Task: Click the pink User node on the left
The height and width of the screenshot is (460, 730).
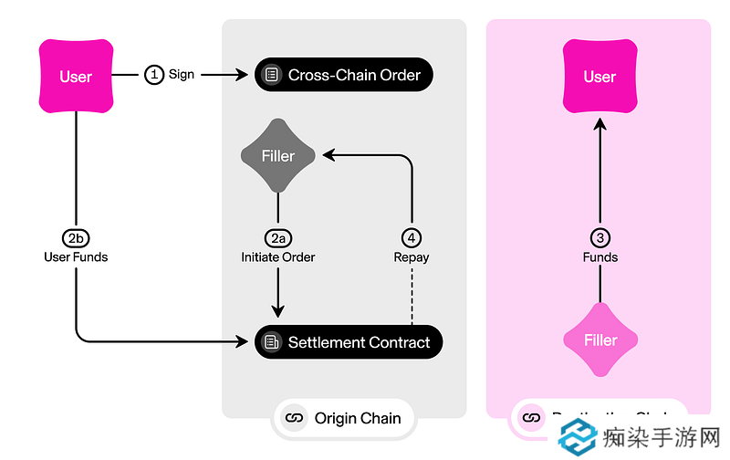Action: coord(76,77)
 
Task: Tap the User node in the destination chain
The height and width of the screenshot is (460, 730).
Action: coord(600,77)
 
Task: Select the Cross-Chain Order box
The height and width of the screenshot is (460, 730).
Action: coord(343,75)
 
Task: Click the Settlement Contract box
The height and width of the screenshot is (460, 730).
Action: coord(348,342)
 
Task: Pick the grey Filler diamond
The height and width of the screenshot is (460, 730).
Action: coord(277,156)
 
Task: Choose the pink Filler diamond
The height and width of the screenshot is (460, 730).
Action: coord(600,340)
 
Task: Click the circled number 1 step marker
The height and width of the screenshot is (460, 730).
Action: coord(154,75)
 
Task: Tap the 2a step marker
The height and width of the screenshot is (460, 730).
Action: coord(277,237)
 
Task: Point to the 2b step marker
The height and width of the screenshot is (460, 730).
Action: coord(76,237)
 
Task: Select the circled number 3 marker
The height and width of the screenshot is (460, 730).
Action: coord(600,237)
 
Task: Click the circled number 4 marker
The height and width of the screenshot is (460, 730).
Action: coord(412,237)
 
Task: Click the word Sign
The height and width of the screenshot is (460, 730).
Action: coord(182,75)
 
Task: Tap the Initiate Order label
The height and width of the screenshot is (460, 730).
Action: coord(277,257)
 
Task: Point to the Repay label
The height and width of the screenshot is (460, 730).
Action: coord(412,257)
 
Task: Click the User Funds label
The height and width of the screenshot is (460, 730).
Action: coord(76,257)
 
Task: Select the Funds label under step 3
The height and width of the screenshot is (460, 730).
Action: coord(600,257)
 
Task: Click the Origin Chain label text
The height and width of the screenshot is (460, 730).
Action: coord(357,419)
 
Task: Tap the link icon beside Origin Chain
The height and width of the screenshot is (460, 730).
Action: coord(294,419)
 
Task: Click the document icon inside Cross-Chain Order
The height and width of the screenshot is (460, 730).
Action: coord(270,75)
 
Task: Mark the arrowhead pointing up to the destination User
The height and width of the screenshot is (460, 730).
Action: coord(600,123)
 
